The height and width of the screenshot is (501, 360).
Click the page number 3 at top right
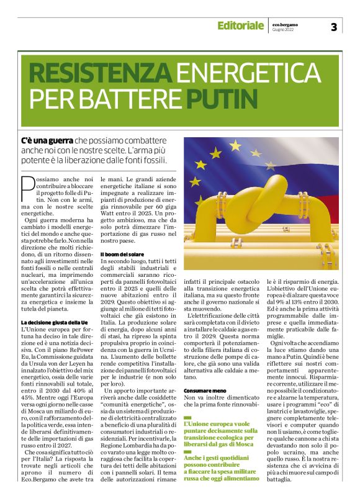point(334,27)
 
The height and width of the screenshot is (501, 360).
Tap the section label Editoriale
point(240,25)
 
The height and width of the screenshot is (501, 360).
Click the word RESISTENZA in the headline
point(101,74)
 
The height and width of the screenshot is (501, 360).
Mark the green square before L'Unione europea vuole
point(187,423)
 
